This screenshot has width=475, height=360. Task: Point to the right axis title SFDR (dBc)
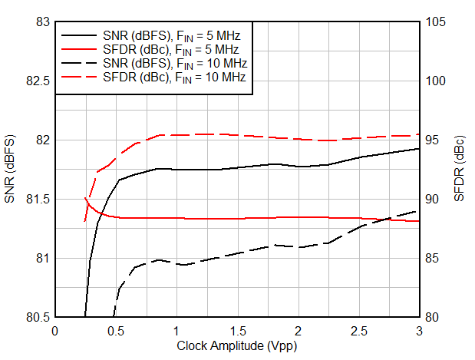pyautogui.click(x=459, y=169)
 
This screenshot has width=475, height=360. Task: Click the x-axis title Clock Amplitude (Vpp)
pyautogui.click(x=236, y=346)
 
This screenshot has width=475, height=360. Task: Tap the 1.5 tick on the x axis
pyautogui.click(x=237, y=331)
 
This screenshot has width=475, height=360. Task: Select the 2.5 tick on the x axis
pyautogui.click(x=358, y=331)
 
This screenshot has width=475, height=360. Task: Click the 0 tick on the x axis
pyautogui.click(x=54, y=331)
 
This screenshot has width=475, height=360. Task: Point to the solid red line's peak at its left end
pyautogui.click(x=85, y=198)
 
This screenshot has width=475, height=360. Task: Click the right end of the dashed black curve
pyautogui.click(x=419, y=210)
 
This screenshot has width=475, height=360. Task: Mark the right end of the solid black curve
pyautogui.click(x=419, y=149)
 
